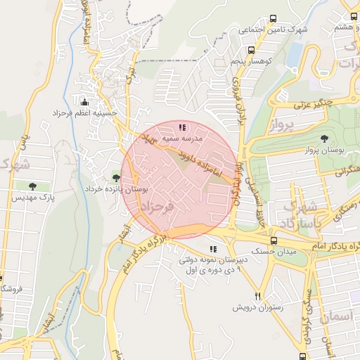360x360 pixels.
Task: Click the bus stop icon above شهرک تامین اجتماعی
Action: click(273, 19)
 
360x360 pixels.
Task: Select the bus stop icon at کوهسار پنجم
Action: click(251, 51)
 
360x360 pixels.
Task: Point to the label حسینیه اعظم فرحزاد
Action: click(84, 112)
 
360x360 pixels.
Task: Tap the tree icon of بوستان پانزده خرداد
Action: click(115, 177)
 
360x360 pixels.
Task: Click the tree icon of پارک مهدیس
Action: click(32, 186)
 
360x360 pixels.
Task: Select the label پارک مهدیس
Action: click(32, 198)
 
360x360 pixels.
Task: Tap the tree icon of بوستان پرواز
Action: click(323, 139)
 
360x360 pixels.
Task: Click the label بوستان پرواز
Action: click(322, 150)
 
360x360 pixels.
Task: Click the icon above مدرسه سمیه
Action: click(182, 127)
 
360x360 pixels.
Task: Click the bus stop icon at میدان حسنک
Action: click(254, 240)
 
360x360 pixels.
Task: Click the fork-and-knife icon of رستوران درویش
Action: click(257, 296)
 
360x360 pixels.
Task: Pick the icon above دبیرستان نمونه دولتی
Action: click(213, 248)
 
